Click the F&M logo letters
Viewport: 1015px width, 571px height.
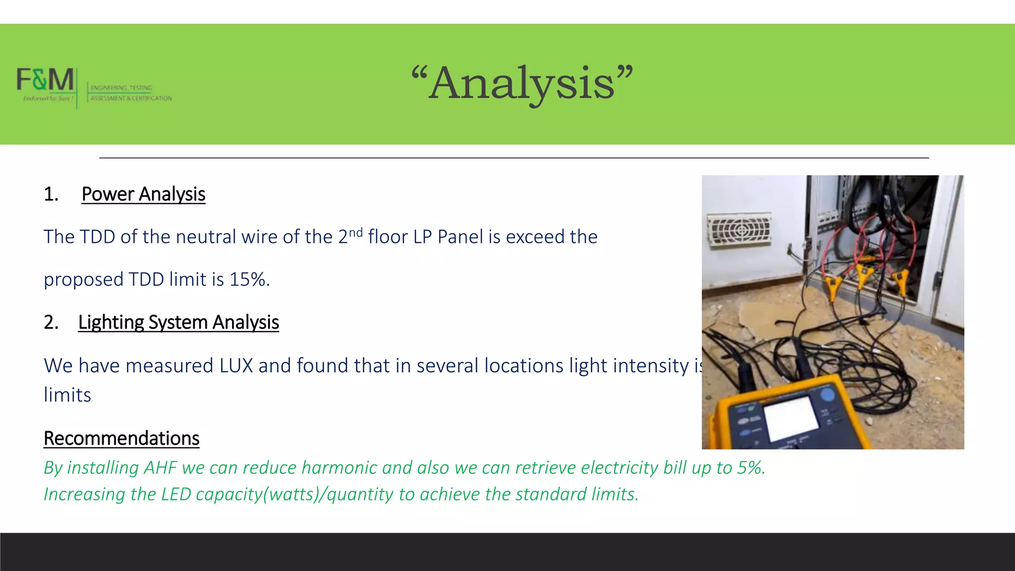point(46,80)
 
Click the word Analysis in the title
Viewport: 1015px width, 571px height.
point(522,83)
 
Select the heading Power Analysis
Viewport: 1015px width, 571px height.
point(143,194)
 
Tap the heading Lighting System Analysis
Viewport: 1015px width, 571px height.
point(178,322)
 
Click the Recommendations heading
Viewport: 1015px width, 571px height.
point(121,439)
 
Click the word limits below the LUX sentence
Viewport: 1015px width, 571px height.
point(67,395)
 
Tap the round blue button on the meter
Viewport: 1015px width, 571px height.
point(827,395)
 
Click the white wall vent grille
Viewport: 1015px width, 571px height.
point(739,229)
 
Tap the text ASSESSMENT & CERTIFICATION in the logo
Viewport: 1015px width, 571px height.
point(131,98)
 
